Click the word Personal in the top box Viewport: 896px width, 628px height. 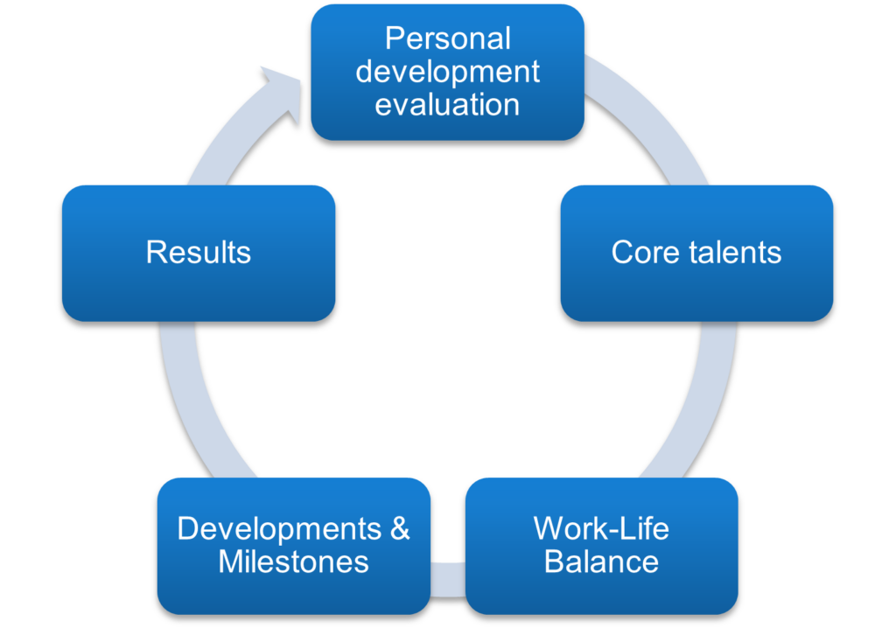pyautogui.click(x=447, y=38)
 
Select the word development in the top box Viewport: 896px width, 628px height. pyautogui.click(x=447, y=73)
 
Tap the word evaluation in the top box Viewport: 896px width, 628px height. pyautogui.click(x=447, y=105)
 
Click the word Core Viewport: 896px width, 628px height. pyautogui.click(x=646, y=252)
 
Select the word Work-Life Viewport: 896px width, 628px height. pyautogui.click(x=601, y=528)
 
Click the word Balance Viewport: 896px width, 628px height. pyautogui.click(x=601, y=562)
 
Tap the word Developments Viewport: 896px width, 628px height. pyautogui.click(x=279, y=528)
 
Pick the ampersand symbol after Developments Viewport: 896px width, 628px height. pyautogui.click(x=400, y=528)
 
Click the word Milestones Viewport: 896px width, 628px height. pyautogui.click(x=293, y=562)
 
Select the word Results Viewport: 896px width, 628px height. pyautogui.click(x=199, y=252)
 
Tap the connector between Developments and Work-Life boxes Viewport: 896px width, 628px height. pyautogui.click(x=447, y=579)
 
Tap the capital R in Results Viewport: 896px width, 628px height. pyautogui.click(x=157, y=252)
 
